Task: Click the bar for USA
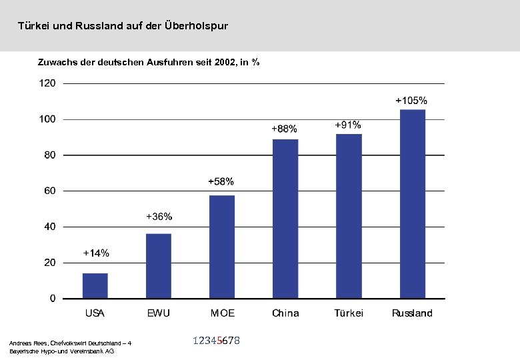[x=95, y=285]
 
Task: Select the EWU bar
[x=159, y=265]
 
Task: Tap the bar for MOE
[x=222, y=246]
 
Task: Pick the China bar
[x=285, y=218]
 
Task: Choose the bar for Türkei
[x=349, y=215]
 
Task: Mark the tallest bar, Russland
[x=412, y=203]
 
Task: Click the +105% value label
[x=411, y=100]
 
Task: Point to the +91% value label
[x=347, y=125]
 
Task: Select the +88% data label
[x=284, y=128]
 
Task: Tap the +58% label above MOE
[x=221, y=181]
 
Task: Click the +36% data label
[x=159, y=217]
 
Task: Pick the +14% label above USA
[x=96, y=253]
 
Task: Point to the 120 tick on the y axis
[x=48, y=83]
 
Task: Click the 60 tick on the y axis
[x=50, y=191]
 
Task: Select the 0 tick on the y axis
[x=53, y=299]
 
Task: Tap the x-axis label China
[x=285, y=313]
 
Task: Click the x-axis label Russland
[x=412, y=313]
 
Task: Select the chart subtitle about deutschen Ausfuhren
[x=147, y=62]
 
